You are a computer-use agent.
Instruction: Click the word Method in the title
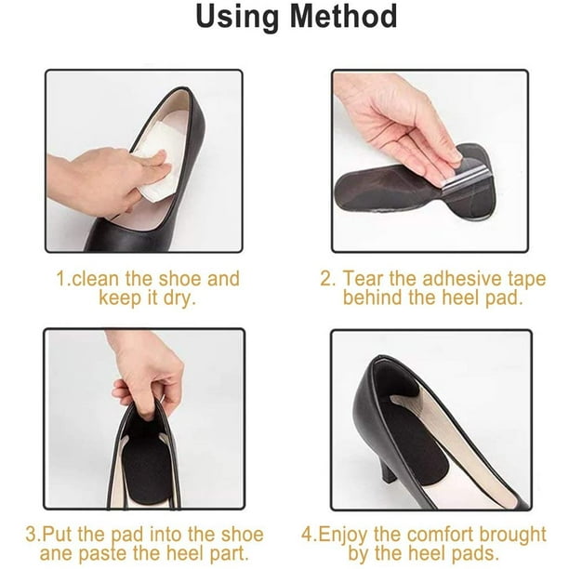coord(343,17)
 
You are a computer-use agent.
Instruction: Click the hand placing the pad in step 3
coord(147,374)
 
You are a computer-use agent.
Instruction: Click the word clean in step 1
coord(95,279)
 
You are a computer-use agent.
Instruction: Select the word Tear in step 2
coord(364,279)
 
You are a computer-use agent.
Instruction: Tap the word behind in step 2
coord(373,298)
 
